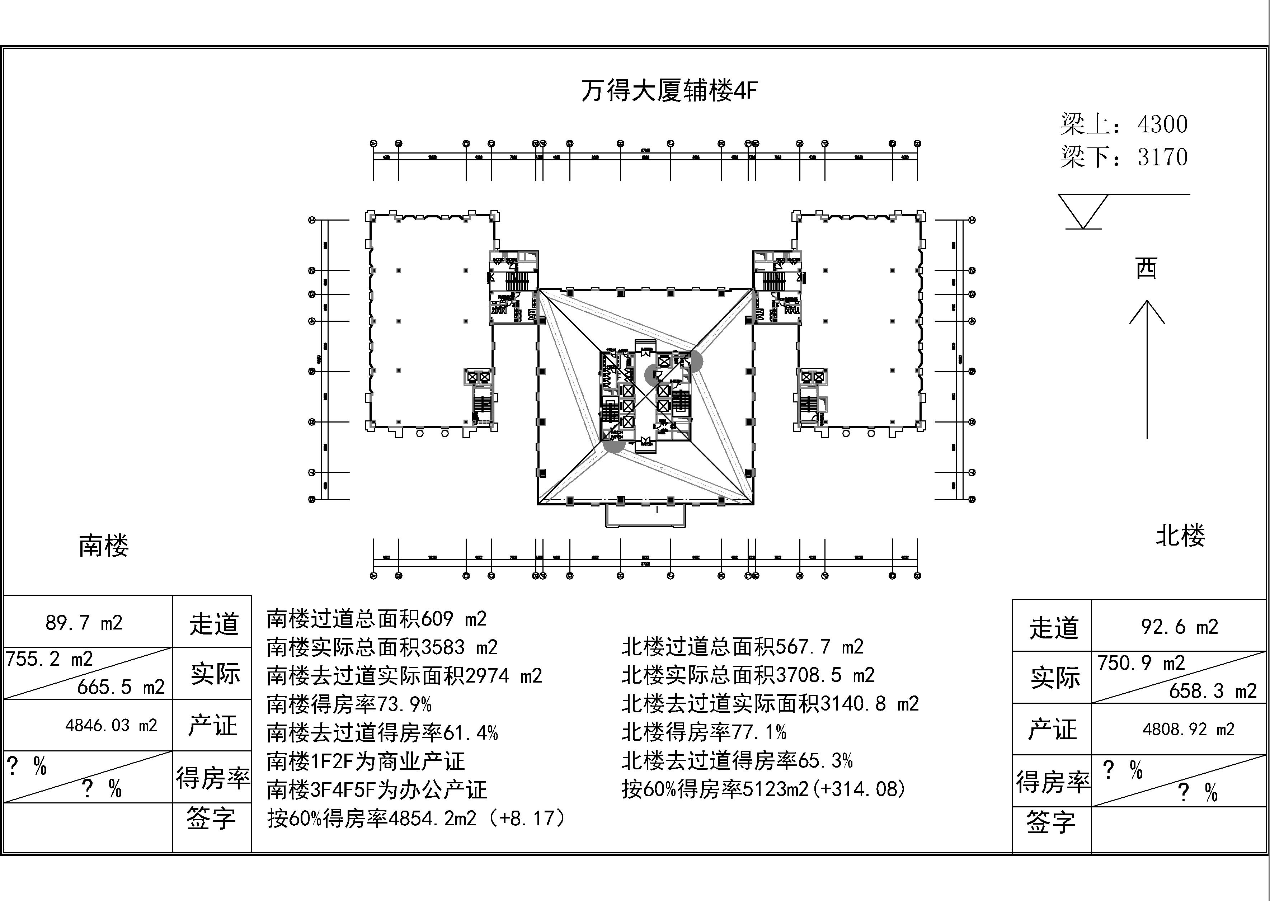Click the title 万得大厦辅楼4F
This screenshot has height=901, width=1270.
tap(669, 90)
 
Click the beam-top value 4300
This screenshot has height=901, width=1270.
tap(1162, 124)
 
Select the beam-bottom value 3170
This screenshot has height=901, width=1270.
tap(1162, 157)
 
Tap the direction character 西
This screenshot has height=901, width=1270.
tap(1146, 269)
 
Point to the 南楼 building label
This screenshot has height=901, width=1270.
tap(104, 546)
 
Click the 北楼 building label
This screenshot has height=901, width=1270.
tap(1180, 536)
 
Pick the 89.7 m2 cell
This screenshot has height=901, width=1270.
tap(84, 623)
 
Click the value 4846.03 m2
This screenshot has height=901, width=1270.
tap(111, 725)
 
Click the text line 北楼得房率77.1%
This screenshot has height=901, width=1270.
tap(704, 732)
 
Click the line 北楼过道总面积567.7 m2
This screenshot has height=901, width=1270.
tap(742, 646)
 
